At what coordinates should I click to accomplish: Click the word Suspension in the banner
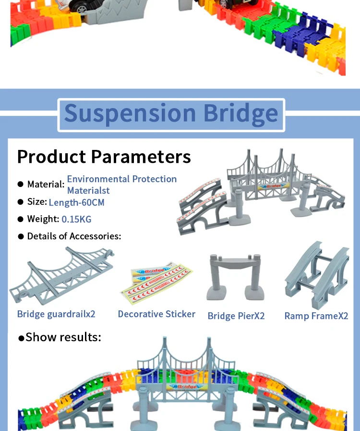tap(129, 113)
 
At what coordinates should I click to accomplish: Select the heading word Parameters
tap(141, 157)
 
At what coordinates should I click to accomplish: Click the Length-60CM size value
tap(76, 202)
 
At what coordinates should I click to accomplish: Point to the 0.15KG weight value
tap(76, 219)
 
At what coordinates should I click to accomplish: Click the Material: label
tap(46, 184)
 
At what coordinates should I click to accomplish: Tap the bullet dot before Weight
tap(20, 219)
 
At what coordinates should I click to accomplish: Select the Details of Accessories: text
tap(74, 236)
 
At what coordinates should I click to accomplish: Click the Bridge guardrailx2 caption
tap(56, 314)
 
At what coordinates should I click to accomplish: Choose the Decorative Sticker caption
tap(156, 314)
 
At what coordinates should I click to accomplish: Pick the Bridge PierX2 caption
tap(236, 316)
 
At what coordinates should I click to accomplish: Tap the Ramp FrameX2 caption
tap(316, 316)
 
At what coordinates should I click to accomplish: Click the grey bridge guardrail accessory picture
tap(61, 274)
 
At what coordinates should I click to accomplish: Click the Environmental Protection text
tap(121, 179)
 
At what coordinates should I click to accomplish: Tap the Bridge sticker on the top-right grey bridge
tap(272, 185)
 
